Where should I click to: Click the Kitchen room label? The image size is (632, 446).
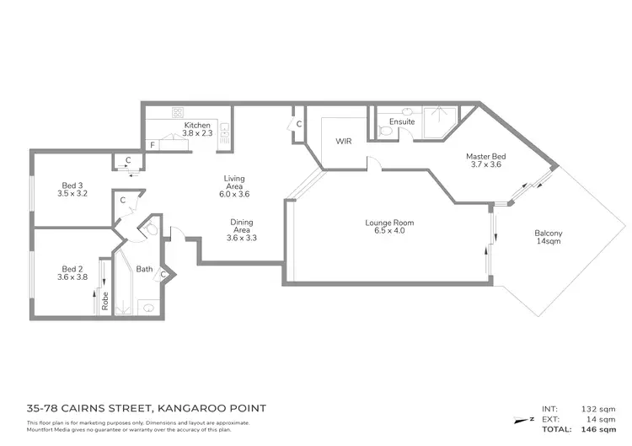[x=197, y=126]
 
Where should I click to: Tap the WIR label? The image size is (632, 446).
[x=343, y=141]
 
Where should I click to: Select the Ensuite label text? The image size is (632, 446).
[x=403, y=122]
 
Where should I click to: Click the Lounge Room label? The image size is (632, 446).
[x=389, y=223]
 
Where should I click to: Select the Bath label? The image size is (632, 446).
[x=143, y=270]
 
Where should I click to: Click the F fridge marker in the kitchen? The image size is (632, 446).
[x=153, y=145]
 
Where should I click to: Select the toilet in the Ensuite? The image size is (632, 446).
[x=384, y=130]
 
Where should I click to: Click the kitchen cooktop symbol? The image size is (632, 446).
[x=179, y=112]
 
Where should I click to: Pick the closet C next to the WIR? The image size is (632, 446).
[x=299, y=125]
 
